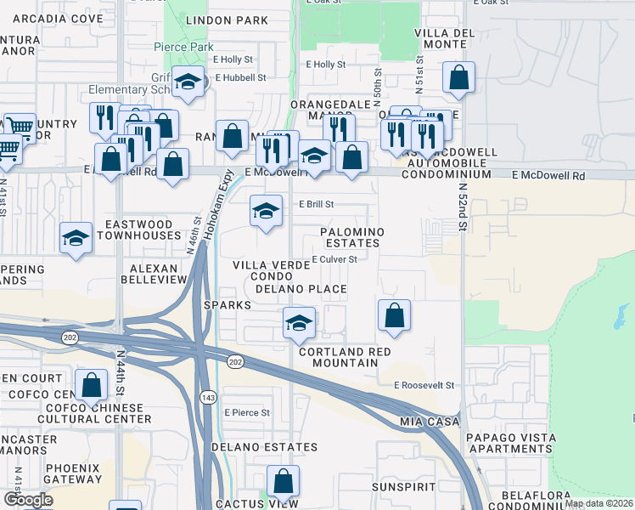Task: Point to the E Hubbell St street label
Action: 241,77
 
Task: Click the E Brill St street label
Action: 317,204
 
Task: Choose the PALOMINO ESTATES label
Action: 351,237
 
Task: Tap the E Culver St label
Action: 333,259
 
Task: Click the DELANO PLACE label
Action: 301,289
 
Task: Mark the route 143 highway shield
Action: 207,397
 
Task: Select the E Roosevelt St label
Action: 424,385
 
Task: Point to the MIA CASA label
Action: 430,421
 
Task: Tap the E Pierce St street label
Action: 247,412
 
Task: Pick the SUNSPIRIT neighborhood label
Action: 404,487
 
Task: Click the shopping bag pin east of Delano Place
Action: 395,315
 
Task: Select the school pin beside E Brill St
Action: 267,212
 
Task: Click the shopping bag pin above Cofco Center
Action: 91,385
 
